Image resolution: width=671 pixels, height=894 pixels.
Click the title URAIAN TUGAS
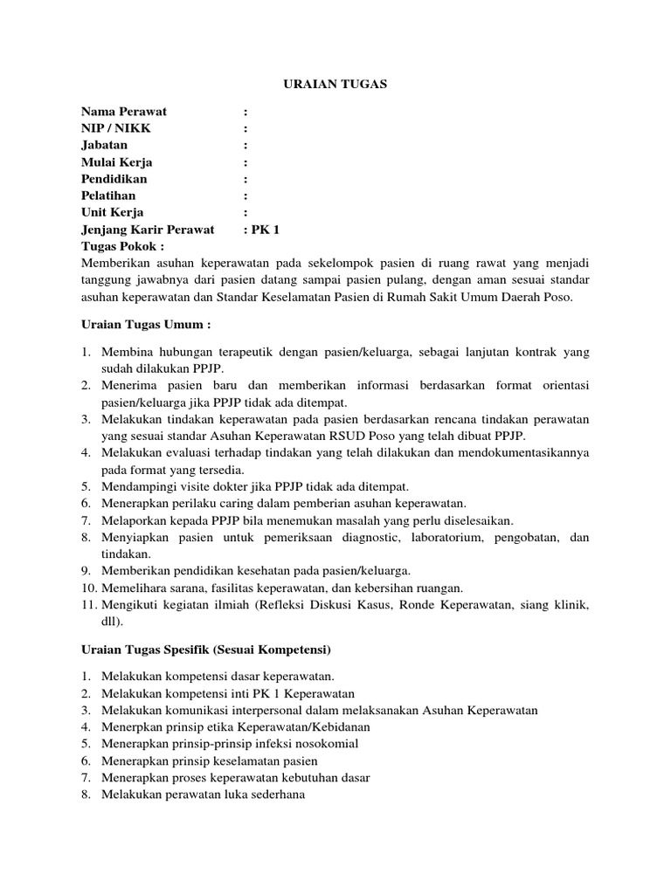point(336,84)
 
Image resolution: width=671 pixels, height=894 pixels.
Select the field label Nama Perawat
point(124,111)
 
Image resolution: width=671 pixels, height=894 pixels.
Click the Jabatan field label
point(104,145)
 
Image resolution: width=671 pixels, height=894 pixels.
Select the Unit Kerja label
point(113,212)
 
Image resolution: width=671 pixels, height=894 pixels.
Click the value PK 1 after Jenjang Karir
point(265,230)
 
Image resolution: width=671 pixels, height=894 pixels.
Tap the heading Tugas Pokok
point(122,246)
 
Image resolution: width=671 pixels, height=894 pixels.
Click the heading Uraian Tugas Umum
point(146,326)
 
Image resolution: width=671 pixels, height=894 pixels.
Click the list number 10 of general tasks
point(88,588)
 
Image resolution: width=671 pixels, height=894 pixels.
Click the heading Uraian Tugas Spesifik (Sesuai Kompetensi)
point(205,650)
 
